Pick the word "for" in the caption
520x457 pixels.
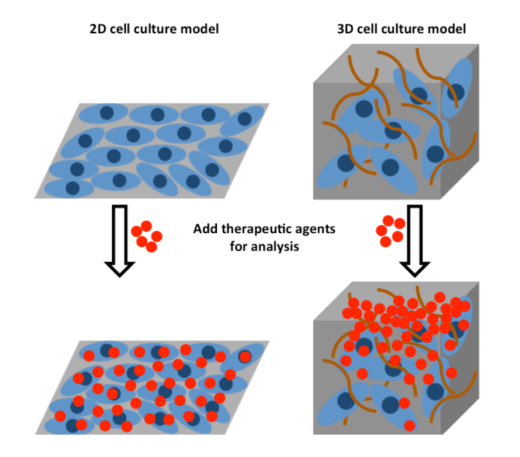[x=238, y=246]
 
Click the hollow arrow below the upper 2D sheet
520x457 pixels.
[x=120, y=238]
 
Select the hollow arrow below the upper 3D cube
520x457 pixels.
[x=414, y=238]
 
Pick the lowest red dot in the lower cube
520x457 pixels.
[x=410, y=426]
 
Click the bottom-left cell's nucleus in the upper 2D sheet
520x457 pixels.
[x=73, y=188]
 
